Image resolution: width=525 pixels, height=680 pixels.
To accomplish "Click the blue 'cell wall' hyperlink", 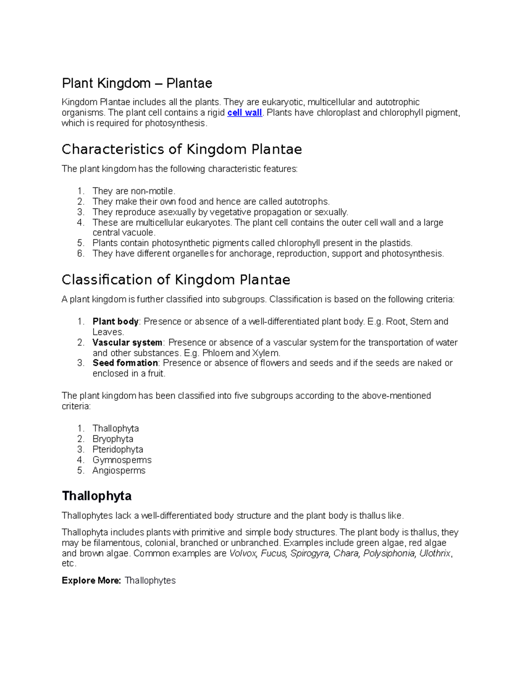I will tap(245, 113).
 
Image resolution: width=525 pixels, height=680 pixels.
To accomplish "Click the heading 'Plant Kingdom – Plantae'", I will tap(137, 83).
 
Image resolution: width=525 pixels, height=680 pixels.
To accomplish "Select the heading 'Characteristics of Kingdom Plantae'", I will tap(182, 149).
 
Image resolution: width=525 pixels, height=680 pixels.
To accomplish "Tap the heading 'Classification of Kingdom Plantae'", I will tap(176, 279).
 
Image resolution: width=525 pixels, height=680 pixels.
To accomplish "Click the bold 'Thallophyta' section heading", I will tap(97, 496).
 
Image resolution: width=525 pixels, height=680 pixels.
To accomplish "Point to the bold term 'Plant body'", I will tap(115, 321).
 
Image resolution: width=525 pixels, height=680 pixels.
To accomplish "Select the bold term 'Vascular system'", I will tap(127, 342).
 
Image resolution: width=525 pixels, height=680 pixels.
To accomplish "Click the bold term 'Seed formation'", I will tap(125, 363).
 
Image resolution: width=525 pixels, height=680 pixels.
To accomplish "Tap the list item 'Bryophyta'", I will tap(113, 439).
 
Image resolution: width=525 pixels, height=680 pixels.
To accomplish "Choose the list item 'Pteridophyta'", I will tap(118, 449).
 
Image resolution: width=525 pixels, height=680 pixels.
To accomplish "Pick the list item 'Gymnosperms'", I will tap(122, 460).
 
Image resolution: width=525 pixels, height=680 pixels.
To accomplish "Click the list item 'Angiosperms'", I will tap(119, 470).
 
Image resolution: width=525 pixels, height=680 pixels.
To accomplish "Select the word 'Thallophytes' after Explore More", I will tap(150, 581).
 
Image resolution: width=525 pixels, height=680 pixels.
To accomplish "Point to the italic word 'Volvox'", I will tap(243, 553).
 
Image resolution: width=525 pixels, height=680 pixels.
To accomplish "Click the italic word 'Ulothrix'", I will tap(434, 553).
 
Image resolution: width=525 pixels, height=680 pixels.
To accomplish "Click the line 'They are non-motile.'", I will tap(134, 191).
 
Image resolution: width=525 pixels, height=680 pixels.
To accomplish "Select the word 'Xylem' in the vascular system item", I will tap(265, 353).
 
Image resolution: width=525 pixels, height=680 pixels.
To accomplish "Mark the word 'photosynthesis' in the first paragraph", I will tap(175, 123).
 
